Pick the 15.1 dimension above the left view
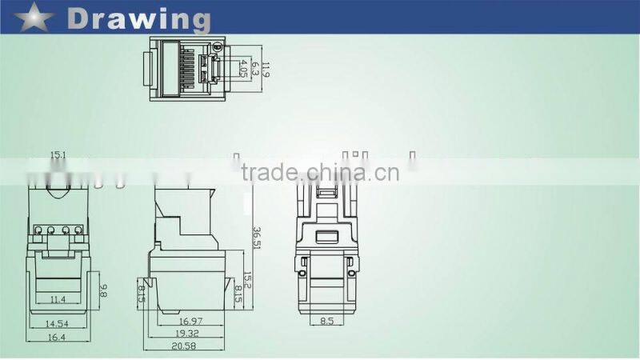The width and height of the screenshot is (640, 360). pyautogui.click(x=57, y=154)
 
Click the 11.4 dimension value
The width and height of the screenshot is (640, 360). pyautogui.click(x=56, y=300)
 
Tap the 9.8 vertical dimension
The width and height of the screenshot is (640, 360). pyautogui.click(x=103, y=291)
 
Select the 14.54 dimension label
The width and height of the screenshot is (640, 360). pyautogui.click(x=56, y=323)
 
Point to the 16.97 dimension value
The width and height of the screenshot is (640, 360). pyautogui.click(x=186, y=321)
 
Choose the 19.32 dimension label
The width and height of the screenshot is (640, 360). pyautogui.click(x=186, y=332)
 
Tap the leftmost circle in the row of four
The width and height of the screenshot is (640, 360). pyautogui.click(x=38, y=231)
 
